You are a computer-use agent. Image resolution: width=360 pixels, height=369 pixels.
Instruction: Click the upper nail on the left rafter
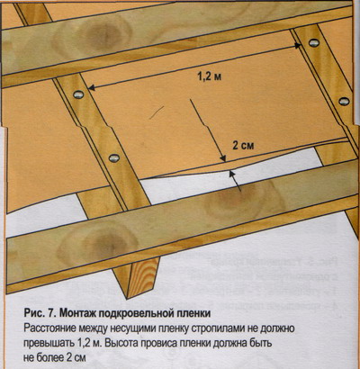click(x=78, y=94)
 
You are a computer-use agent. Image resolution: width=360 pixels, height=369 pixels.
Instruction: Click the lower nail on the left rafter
click(x=113, y=157)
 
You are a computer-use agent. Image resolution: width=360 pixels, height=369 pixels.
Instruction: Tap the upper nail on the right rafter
click(x=314, y=42)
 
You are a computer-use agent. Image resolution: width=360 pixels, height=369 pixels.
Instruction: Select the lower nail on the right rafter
click(x=344, y=101)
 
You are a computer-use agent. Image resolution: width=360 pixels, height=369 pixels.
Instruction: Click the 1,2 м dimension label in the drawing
click(x=210, y=77)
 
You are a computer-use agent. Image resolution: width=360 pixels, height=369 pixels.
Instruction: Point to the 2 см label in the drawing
click(x=243, y=146)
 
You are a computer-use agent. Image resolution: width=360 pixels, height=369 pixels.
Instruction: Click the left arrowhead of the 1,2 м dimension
click(x=92, y=88)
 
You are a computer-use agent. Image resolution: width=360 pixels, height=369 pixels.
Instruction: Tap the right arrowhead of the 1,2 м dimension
click(x=298, y=46)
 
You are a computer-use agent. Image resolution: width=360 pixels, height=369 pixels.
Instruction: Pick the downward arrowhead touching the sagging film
click(x=223, y=158)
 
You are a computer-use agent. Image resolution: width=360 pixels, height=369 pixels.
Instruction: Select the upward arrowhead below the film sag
click(x=231, y=173)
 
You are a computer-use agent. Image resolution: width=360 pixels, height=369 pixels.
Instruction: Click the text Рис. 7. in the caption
click(x=40, y=313)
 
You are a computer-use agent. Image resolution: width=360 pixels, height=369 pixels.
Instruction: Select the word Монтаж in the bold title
click(x=78, y=313)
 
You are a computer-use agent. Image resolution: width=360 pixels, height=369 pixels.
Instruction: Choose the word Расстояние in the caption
click(x=49, y=328)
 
